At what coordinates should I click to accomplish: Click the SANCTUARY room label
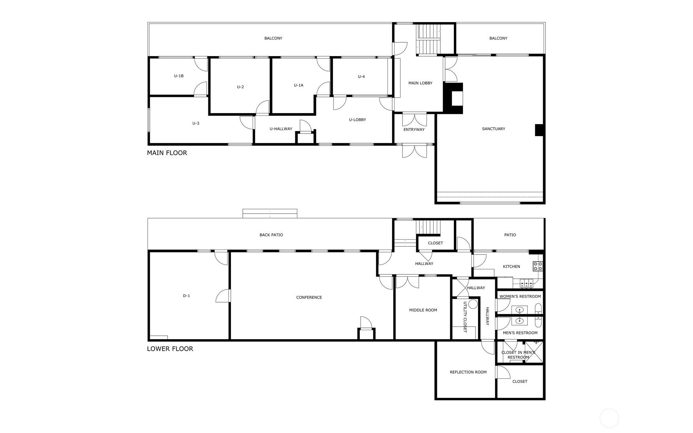493,129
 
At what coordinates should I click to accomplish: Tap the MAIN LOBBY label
420,83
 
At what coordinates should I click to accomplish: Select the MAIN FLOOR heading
167,153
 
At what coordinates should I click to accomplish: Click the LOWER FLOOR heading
170,348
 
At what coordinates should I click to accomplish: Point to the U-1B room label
179,76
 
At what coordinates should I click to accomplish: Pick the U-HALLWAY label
281,129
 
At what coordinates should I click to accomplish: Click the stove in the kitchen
538,266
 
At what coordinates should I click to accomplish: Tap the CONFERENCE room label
309,297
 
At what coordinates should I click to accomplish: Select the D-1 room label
186,296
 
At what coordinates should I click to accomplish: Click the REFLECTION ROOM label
468,372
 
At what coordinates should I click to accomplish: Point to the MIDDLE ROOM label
423,310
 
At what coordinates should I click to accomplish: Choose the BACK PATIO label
271,235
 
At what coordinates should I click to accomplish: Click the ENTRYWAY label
414,130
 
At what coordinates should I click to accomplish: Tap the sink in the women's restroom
519,310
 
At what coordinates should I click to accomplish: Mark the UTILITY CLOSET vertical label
465,317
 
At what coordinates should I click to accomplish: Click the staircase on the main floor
429,39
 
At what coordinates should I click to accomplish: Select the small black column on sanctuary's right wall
539,130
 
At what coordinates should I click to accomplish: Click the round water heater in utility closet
473,304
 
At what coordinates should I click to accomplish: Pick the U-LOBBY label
357,120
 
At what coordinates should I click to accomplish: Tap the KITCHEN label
511,267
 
